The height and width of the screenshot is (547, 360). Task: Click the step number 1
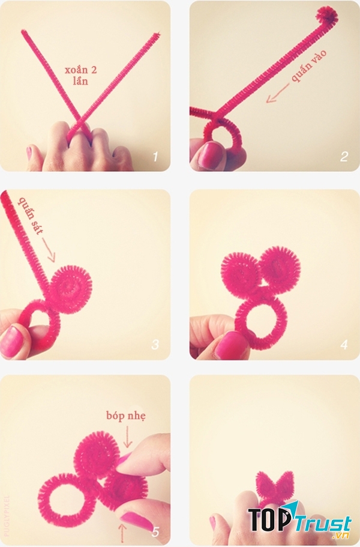(155, 157)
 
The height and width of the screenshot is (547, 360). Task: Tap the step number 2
(344, 156)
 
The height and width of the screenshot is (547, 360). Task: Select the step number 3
(155, 345)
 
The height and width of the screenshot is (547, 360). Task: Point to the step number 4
(344, 345)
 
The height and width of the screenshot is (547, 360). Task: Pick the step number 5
(155, 531)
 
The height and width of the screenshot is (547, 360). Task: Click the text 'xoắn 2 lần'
(81, 75)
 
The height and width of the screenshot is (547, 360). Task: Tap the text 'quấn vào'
(309, 65)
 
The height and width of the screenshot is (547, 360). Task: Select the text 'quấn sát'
(31, 216)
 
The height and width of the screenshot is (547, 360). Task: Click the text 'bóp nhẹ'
(126, 416)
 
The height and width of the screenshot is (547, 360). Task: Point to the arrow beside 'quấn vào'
(277, 93)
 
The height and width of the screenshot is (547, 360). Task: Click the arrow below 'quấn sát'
(49, 249)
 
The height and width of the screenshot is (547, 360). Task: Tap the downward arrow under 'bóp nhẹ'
(128, 437)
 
